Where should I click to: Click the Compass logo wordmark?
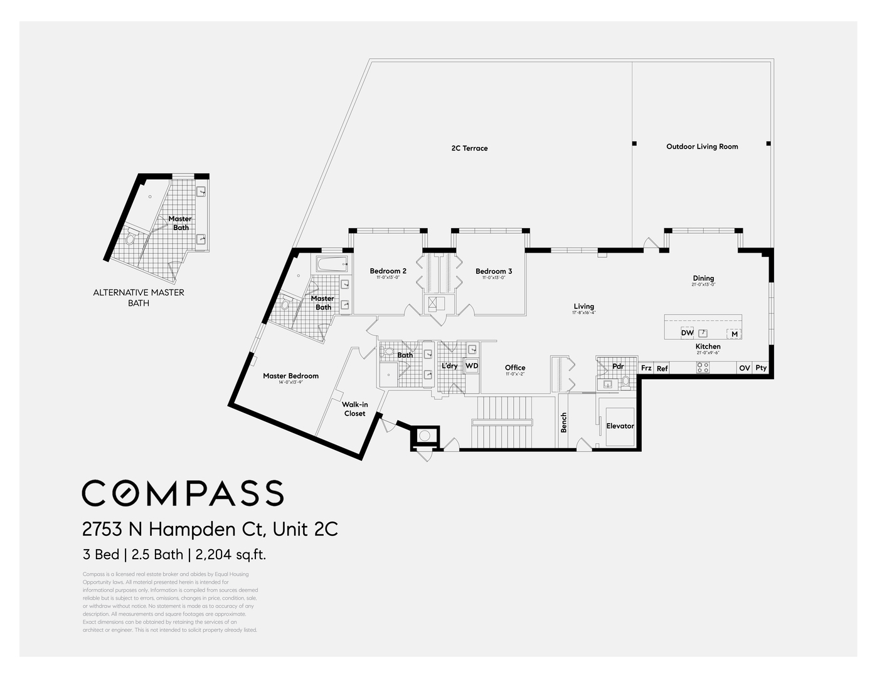183,493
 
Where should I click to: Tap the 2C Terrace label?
469,149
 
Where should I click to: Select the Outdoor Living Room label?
702,147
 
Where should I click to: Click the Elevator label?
620,426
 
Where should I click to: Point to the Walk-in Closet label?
354,409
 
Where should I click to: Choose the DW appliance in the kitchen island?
688,333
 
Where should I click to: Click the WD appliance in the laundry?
472,366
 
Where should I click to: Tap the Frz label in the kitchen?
646,369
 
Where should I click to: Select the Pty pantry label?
760,368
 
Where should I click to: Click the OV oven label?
744,368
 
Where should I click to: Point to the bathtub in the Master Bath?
331,264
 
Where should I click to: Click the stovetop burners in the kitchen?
703,368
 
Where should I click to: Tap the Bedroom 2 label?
388,271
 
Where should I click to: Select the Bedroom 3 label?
493,271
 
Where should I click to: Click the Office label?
515,368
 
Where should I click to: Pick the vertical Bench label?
563,422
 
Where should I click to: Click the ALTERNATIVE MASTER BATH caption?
139,298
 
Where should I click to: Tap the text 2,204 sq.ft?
231,555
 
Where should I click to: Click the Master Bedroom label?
290,376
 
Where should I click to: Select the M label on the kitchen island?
734,334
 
